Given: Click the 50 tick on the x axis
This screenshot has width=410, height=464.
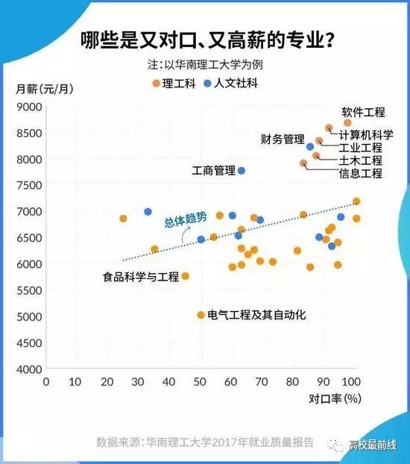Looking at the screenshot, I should (x=200, y=382).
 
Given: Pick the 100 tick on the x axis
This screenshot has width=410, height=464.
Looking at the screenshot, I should (x=353, y=382).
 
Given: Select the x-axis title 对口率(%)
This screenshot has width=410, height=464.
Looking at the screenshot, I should (x=335, y=398).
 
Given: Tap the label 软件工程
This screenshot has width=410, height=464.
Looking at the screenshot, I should (x=363, y=113).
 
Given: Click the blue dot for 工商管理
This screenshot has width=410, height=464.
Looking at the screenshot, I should (x=242, y=171).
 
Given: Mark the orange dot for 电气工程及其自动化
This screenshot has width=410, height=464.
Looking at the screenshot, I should (x=201, y=315).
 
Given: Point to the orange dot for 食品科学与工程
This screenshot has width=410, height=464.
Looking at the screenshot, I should (x=186, y=276).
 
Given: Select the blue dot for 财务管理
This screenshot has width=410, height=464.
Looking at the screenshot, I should (x=311, y=147).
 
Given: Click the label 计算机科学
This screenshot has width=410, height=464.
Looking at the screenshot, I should (x=366, y=136).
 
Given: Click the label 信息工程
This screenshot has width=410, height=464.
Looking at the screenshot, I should (x=361, y=174).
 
